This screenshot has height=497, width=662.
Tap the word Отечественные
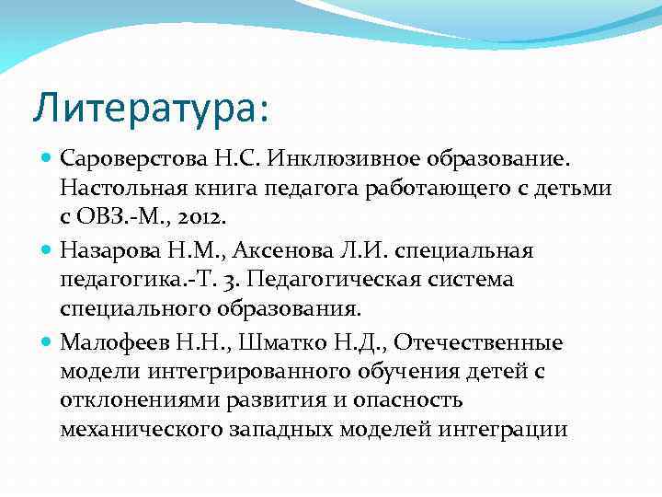(484, 343)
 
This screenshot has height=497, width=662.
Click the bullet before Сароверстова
(47, 160)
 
